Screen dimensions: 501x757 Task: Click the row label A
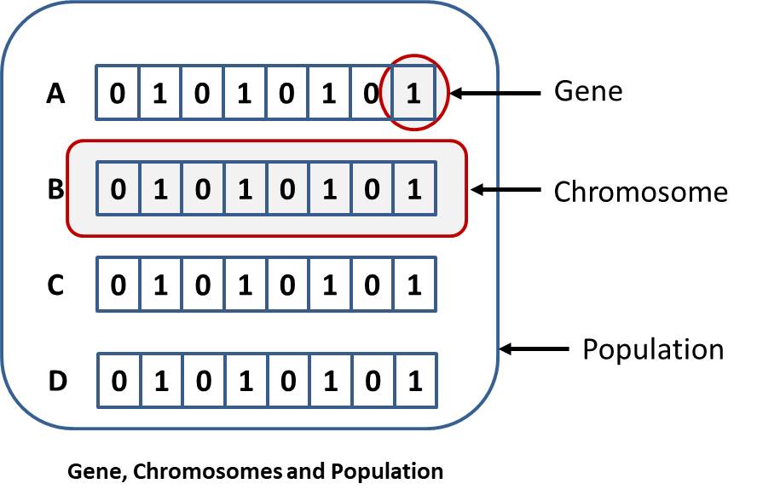(55, 93)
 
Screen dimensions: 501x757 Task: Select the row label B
(55, 189)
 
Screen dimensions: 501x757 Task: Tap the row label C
(55, 285)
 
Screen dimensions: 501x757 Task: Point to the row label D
(56, 381)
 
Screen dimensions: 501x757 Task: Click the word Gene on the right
(588, 91)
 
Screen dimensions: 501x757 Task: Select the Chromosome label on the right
(640, 192)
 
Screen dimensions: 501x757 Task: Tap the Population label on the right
(653, 349)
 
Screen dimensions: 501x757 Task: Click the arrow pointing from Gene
(495, 92)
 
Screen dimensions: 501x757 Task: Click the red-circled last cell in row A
(414, 93)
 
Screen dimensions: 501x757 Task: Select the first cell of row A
(118, 93)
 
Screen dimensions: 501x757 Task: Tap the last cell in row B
(414, 189)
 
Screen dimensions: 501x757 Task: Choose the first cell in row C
(118, 285)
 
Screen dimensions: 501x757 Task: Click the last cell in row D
(414, 381)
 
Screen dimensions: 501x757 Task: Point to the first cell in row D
(118, 381)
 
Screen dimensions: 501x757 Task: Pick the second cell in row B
(160, 189)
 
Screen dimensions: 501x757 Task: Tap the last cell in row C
(414, 285)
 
